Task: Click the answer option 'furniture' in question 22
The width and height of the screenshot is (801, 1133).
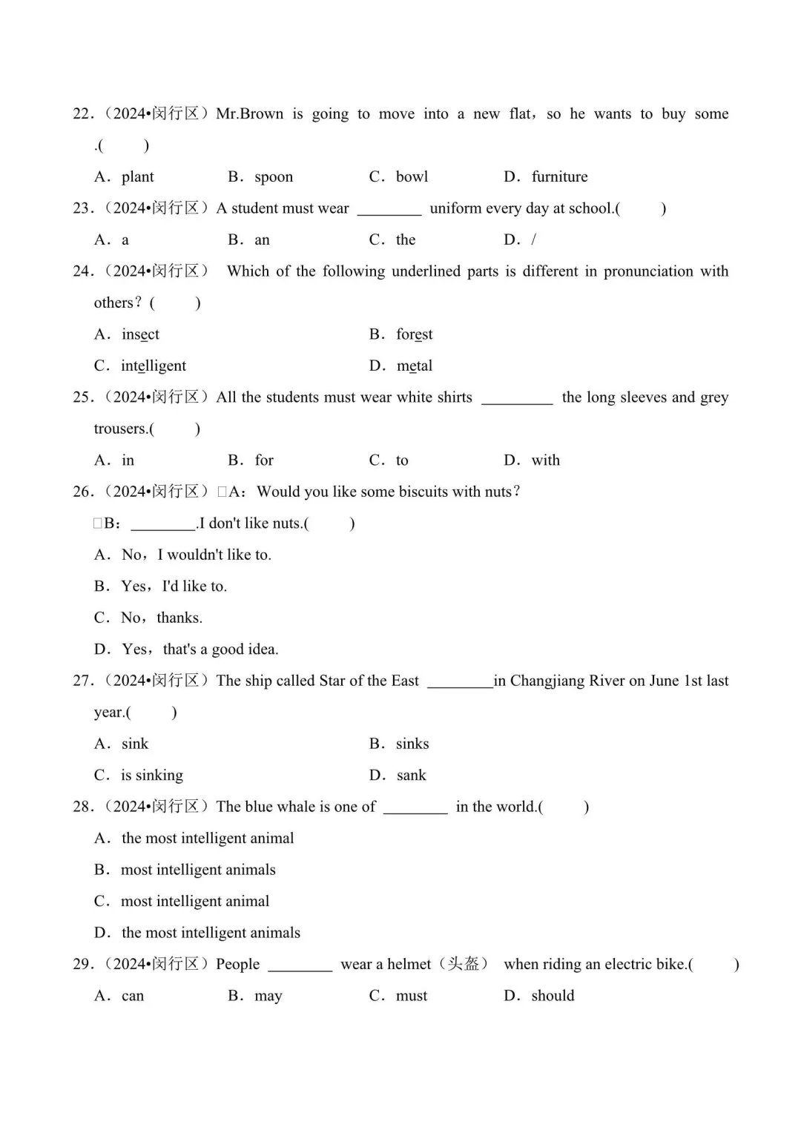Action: click(559, 176)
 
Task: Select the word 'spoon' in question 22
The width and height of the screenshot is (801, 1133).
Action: click(274, 176)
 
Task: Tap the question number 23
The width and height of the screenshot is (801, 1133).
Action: click(82, 208)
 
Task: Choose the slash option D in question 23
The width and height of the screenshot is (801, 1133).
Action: click(533, 240)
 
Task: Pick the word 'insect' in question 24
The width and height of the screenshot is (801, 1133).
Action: click(140, 334)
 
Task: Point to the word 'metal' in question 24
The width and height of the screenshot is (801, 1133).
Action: click(414, 366)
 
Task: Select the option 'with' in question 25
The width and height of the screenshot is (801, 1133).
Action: click(545, 460)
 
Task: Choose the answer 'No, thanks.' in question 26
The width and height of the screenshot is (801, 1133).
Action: click(162, 618)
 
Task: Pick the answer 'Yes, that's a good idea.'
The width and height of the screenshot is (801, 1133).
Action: click(200, 650)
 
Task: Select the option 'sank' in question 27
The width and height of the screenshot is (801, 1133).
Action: click(411, 776)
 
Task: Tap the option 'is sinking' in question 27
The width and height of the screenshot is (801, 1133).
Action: click(152, 776)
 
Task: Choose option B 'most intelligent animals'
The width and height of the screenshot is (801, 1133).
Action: click(198, 870)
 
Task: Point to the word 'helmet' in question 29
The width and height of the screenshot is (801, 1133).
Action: click(408, 964)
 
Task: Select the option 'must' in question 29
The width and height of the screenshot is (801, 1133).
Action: click(412, 996)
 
